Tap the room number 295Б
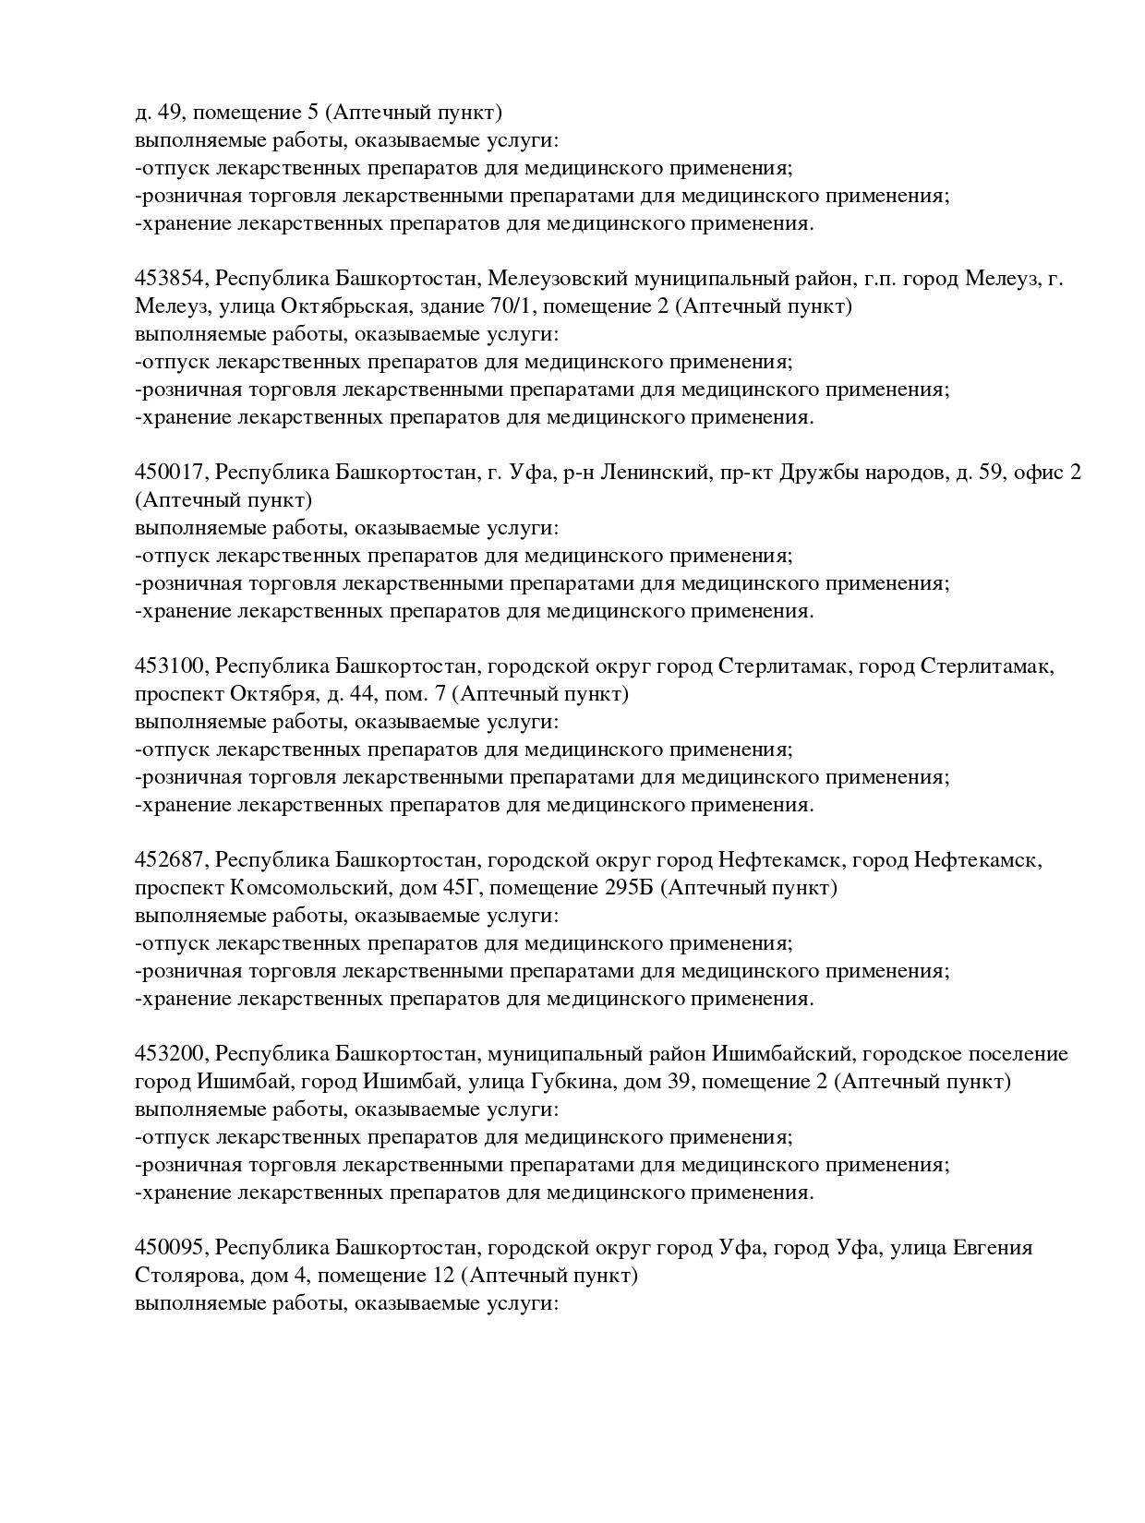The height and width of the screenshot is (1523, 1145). [630, 888]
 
